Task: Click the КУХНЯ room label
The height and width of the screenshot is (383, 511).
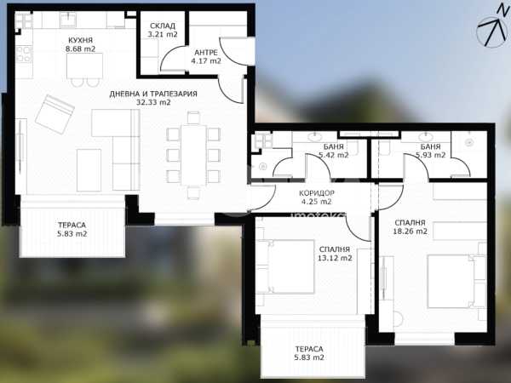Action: coord(80,40)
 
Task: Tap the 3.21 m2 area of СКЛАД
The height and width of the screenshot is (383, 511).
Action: coord(163,34)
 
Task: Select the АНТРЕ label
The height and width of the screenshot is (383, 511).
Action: coord(206,53)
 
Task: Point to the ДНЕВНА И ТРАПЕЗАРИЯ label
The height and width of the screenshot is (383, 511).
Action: coord(153,94)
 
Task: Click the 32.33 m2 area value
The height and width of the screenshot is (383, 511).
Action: coord(153,102)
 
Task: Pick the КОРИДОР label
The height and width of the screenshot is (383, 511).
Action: coord(317,193)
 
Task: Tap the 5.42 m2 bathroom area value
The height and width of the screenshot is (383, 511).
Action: coord(334,155)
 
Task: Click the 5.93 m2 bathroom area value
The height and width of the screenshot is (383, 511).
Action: coord(430,155)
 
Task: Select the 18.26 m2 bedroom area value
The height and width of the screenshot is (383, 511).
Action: coord(410,232)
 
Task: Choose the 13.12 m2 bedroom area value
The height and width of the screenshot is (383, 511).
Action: coord(335,258)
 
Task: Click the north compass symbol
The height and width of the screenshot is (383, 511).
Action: coord(493,28)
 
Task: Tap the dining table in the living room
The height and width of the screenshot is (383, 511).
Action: coord(193,155)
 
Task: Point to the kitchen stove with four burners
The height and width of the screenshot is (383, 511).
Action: coord(24,54)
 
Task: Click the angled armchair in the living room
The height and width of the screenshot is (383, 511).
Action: coord(55,114)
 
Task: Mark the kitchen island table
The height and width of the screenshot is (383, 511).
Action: coord(84,66)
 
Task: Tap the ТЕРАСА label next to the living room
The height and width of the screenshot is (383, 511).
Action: coord(72,225)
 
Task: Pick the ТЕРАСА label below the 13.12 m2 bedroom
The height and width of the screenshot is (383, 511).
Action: coord(309,349)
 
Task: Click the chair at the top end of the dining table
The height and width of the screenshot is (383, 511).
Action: coord(193,117)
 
